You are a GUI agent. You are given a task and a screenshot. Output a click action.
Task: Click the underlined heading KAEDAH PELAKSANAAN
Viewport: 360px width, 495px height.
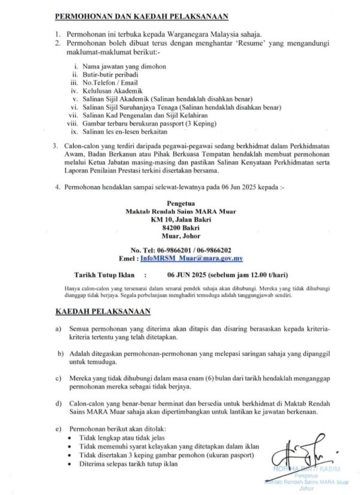[103, 311]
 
